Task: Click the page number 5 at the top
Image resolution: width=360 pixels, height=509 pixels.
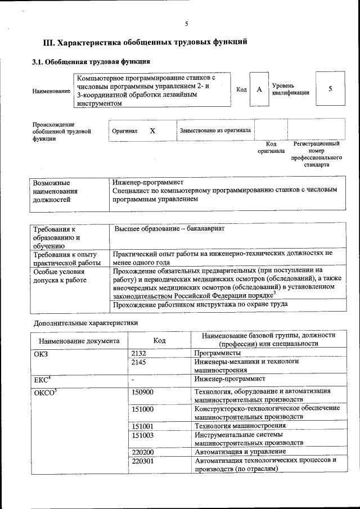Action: pos(186,23)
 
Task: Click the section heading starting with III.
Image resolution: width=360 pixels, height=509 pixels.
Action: pos(146,42)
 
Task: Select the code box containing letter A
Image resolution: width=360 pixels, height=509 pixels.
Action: pos(259,89)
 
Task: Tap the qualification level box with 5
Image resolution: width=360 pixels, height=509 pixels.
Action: pos(330,89)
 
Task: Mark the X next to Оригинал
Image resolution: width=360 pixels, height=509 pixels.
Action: pos(152,130)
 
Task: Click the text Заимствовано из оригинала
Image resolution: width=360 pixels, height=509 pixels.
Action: pos(215,130)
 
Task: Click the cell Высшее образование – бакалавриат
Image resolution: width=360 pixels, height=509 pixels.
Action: pos(169,229)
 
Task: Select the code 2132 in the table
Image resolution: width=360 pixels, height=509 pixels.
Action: pos(138,353)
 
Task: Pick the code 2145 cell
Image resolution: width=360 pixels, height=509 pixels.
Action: pos(138,363)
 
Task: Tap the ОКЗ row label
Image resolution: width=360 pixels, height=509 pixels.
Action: pos(42,353)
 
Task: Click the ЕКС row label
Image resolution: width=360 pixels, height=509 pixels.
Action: pos(42,380)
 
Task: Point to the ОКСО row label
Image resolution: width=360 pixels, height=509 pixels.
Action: pos(44,391)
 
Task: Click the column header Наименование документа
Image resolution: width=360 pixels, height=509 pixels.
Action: pos(79,341)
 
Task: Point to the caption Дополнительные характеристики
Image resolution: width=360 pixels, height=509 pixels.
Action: pos(85,323)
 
